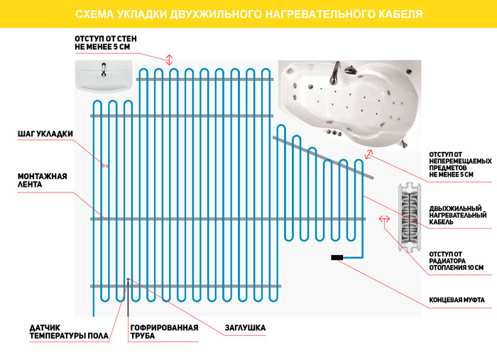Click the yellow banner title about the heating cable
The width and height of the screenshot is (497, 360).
pos(248,14)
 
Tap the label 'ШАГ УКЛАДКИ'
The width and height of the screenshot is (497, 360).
pos(45,133)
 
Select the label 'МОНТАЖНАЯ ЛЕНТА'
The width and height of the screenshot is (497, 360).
pos(42,180)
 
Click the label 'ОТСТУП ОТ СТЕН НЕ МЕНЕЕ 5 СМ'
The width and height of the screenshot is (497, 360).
pos(106,43)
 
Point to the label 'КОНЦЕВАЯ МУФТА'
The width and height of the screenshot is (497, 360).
pos(457,300)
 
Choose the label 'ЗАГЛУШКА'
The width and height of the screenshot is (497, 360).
pos(245,327)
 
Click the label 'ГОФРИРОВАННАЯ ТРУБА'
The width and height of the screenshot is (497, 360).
pos(164,332)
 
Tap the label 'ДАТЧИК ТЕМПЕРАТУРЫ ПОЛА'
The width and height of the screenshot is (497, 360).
pos(69,332)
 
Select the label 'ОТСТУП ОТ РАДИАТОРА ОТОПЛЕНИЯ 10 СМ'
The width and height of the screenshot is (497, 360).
pos(457,261)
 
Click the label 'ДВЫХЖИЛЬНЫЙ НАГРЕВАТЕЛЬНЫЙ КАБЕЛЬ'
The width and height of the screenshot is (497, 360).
pos(458,215)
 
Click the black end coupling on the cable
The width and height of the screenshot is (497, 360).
pos(337,258)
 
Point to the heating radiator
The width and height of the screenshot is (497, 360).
pos(409,217)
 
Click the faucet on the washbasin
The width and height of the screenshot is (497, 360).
pos(104,70)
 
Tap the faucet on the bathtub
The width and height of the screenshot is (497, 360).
pos(334,74)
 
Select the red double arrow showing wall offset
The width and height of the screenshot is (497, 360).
pos(169,60)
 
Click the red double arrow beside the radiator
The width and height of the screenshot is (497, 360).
pos(385,219)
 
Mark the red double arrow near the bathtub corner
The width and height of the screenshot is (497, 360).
pos(368,154)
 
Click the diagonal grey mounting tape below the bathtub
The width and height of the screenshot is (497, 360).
pos(323,158)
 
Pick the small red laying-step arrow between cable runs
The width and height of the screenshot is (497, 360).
pos(105,165)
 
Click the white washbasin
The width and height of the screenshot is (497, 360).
pos(104,77)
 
